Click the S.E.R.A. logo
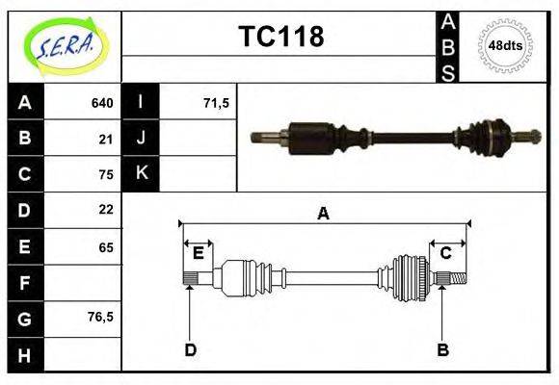coord(64,45)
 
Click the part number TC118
coord(280,37)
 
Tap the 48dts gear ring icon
coord(505,45)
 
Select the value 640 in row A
coord(102,103)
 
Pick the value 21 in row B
coord(106,139)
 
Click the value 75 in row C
coord(106,174)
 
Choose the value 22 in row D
coord(106,209)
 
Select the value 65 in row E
coord(106,247)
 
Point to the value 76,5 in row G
coord(101,317)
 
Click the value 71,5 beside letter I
coord(216,103)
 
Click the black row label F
coord(25,283)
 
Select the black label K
coord(141,173)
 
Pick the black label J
coord(141,138)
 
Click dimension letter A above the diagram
coord(323,214)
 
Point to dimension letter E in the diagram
coord(198,253)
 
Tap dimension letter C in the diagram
coord(445,253)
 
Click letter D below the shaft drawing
coord(190,349)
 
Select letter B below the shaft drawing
coord(442,349)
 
